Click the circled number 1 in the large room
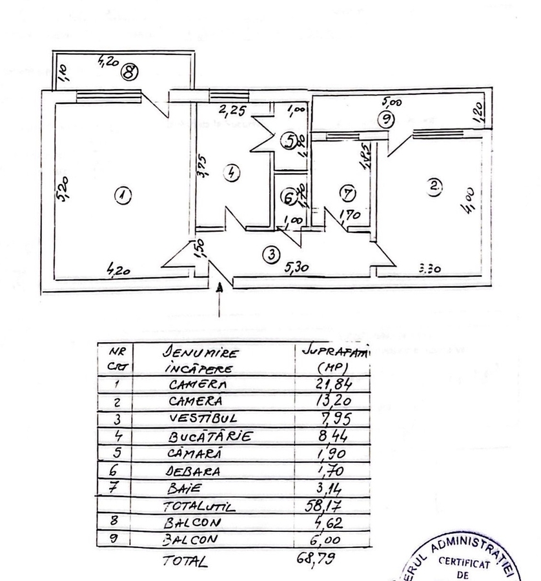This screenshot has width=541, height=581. pos(121,193)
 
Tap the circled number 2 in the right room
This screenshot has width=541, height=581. pos(436,185)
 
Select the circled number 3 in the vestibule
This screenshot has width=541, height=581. pos(272,254)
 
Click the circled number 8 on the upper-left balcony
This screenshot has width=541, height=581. pos(130,72)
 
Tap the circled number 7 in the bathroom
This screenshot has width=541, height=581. pos(348,192)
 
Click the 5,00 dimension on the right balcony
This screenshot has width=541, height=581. pos(392,102)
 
